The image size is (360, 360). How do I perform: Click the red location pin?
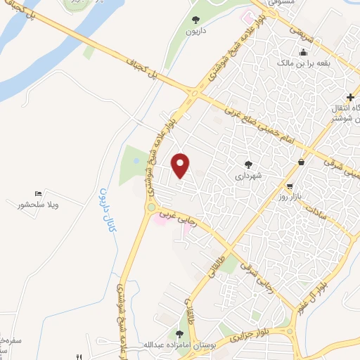(181, 165)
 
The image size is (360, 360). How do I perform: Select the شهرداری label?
(248, 176)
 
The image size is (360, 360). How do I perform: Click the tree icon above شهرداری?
(247, 165)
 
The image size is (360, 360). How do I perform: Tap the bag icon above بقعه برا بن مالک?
(303, 52)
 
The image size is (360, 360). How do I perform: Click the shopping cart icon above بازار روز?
(301, 162)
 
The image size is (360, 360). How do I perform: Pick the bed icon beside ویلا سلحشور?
(38, 193)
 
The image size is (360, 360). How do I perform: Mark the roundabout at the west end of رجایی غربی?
(150, 207)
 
